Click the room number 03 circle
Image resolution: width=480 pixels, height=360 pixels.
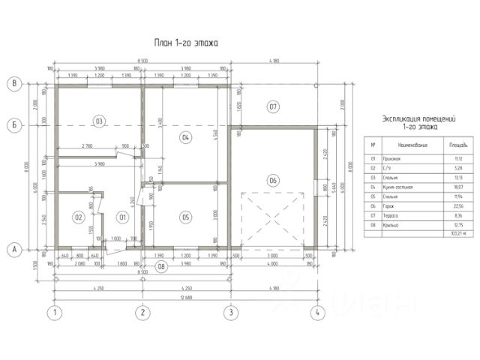click(x=98, y=120)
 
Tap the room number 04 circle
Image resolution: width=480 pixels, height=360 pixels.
click(x=186, y=136)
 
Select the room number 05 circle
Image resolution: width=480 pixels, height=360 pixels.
click(x=186, y=217)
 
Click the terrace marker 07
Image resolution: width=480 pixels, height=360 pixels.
click(x=274, y=107)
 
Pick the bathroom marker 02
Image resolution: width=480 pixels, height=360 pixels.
click(x=77, y=217)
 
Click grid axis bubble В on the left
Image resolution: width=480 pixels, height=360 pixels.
click(x=13, y=83)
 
